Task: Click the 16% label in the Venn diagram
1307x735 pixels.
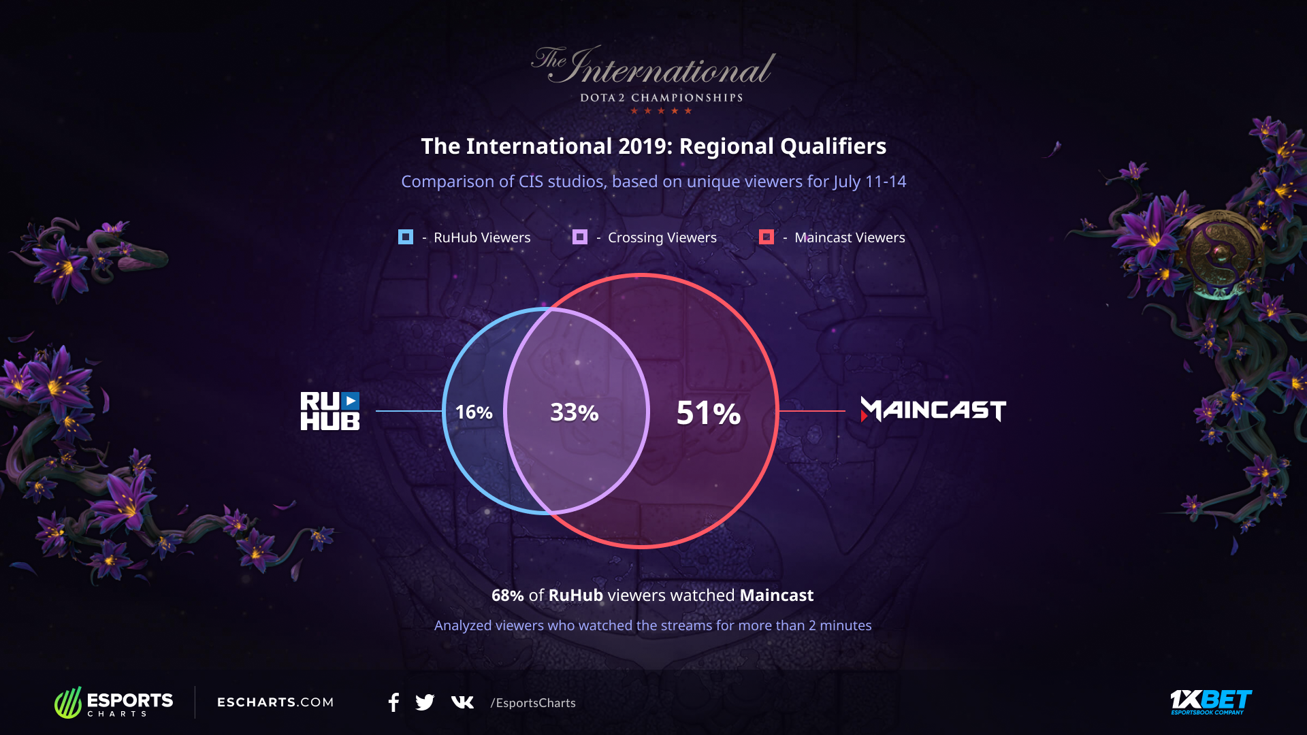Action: tap(474, 412)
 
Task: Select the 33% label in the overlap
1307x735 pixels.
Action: tap(575, 412)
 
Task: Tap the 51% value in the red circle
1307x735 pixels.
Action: tap(709, 413)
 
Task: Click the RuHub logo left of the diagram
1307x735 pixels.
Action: tap(330, 411)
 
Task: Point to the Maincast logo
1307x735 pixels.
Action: tap(933, 410)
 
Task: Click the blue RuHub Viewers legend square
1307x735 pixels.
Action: tap(406, 237)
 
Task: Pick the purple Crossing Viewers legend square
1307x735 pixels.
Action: tap(580, 237)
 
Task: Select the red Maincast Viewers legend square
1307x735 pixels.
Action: tap(767, 237)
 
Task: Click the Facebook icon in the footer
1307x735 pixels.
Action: tap(393, 702)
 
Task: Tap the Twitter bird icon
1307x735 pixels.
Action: tap(425, 702)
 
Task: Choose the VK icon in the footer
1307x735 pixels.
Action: tap(462, 702)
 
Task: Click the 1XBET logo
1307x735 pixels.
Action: tap(1211, 702)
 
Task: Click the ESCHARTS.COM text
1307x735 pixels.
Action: tap(276, 702)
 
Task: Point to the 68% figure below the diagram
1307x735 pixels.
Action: tap(508, 595)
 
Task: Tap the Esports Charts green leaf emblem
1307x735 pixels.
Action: tap(68, 702)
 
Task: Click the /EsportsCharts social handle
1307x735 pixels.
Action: tap(533, 703)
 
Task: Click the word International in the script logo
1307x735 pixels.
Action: tap(670, 67)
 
